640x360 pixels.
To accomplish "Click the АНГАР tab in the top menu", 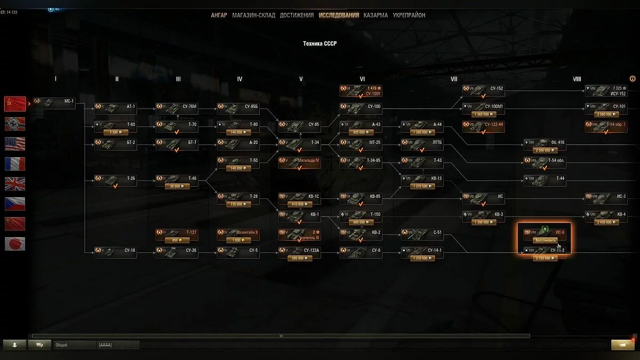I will coord(219,15).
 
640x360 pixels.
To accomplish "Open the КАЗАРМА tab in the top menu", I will coord(375,15).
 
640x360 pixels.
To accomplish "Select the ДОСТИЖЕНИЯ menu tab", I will coord(297,15).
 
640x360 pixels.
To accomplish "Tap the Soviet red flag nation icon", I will coord(15,103).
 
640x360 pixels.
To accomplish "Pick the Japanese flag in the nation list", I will coord(15,244).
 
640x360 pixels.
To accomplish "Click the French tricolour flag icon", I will coord(15,164).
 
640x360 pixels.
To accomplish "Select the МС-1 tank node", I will coord(54,101).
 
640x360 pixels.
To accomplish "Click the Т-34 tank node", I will coord(299,142).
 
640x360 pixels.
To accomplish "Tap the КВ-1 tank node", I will coord(299,214).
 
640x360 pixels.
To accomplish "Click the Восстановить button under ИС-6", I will coord(545,240).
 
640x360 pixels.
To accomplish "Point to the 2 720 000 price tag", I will coord(545,258).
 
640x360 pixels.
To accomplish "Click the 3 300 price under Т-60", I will coord(114,132).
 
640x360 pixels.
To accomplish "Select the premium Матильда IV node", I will coord(299,161).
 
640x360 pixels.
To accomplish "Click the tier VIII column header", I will coord(577,79).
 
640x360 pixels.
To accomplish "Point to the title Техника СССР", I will coord(320,44).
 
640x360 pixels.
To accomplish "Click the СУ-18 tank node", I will coord(115,251).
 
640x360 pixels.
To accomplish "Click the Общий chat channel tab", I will coord(74,345).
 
